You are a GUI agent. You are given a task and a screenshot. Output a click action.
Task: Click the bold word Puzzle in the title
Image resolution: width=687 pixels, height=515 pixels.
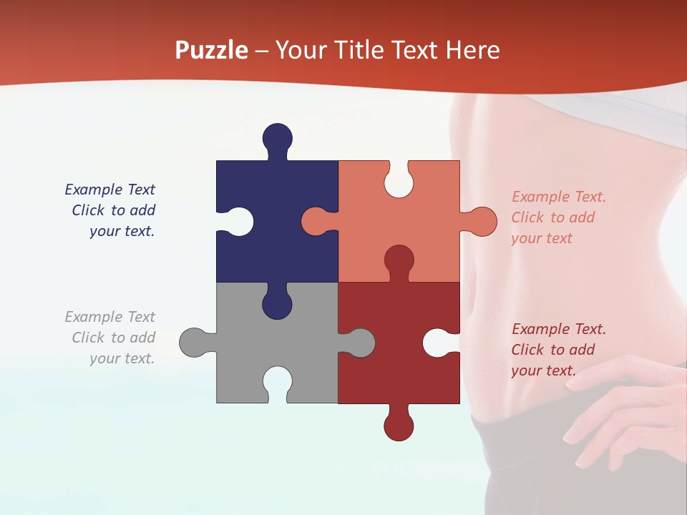[212, 50]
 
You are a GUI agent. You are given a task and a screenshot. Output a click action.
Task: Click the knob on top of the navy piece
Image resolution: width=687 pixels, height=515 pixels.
[277, 138]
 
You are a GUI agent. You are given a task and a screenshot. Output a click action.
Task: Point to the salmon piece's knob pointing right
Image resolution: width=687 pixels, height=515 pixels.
[481, 222]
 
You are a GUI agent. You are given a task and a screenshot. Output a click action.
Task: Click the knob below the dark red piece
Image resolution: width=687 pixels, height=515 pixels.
[399, 425]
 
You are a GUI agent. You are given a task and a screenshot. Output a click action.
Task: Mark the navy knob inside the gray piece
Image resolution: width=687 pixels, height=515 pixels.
[277, 303]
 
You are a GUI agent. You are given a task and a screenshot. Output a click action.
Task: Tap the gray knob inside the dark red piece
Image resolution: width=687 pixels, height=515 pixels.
[359, 343]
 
